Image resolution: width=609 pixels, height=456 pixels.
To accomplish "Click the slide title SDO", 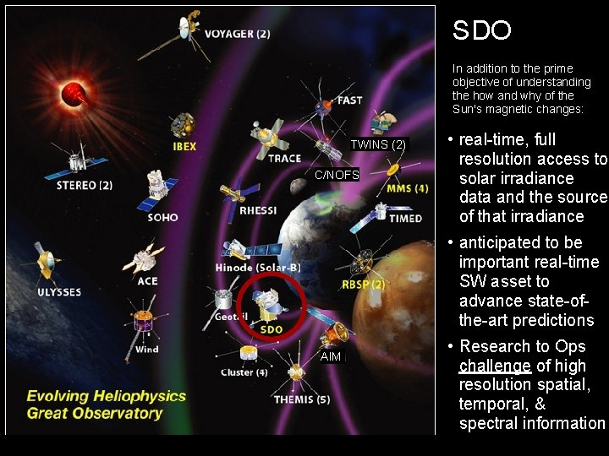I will coord(481,31).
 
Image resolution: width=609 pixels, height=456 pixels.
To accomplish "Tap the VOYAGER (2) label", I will coord(238,34).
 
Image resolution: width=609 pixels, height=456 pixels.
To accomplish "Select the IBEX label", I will coord(184,146).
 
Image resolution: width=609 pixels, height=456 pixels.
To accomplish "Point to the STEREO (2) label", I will coord(84,185).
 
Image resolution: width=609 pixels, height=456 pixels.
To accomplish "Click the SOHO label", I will coord(162,217).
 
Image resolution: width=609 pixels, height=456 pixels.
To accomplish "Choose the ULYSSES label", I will coord(59,292).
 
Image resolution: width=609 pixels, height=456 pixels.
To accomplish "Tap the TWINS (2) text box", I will coord(379,145).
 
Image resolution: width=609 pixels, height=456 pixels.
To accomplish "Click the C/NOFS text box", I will coord(337,175).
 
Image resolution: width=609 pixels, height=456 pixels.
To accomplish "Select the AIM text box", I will coord(331,357).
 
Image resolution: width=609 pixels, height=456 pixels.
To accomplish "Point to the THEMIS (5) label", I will coord(302,399).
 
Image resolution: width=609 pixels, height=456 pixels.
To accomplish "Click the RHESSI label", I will coord(258,210).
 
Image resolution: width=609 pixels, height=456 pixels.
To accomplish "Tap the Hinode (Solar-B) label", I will coord(258,268).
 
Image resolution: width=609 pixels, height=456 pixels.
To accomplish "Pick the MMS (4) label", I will coord(407,188).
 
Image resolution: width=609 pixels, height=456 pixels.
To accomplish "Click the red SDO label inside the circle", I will coord(272,329).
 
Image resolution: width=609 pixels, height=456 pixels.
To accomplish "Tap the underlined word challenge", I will coord(495,366).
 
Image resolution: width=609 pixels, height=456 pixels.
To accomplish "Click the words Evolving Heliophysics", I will coord(106,395).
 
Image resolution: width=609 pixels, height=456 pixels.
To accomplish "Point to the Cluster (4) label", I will coord(244,372).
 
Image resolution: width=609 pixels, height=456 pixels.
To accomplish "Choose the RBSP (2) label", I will coord(363,285).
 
